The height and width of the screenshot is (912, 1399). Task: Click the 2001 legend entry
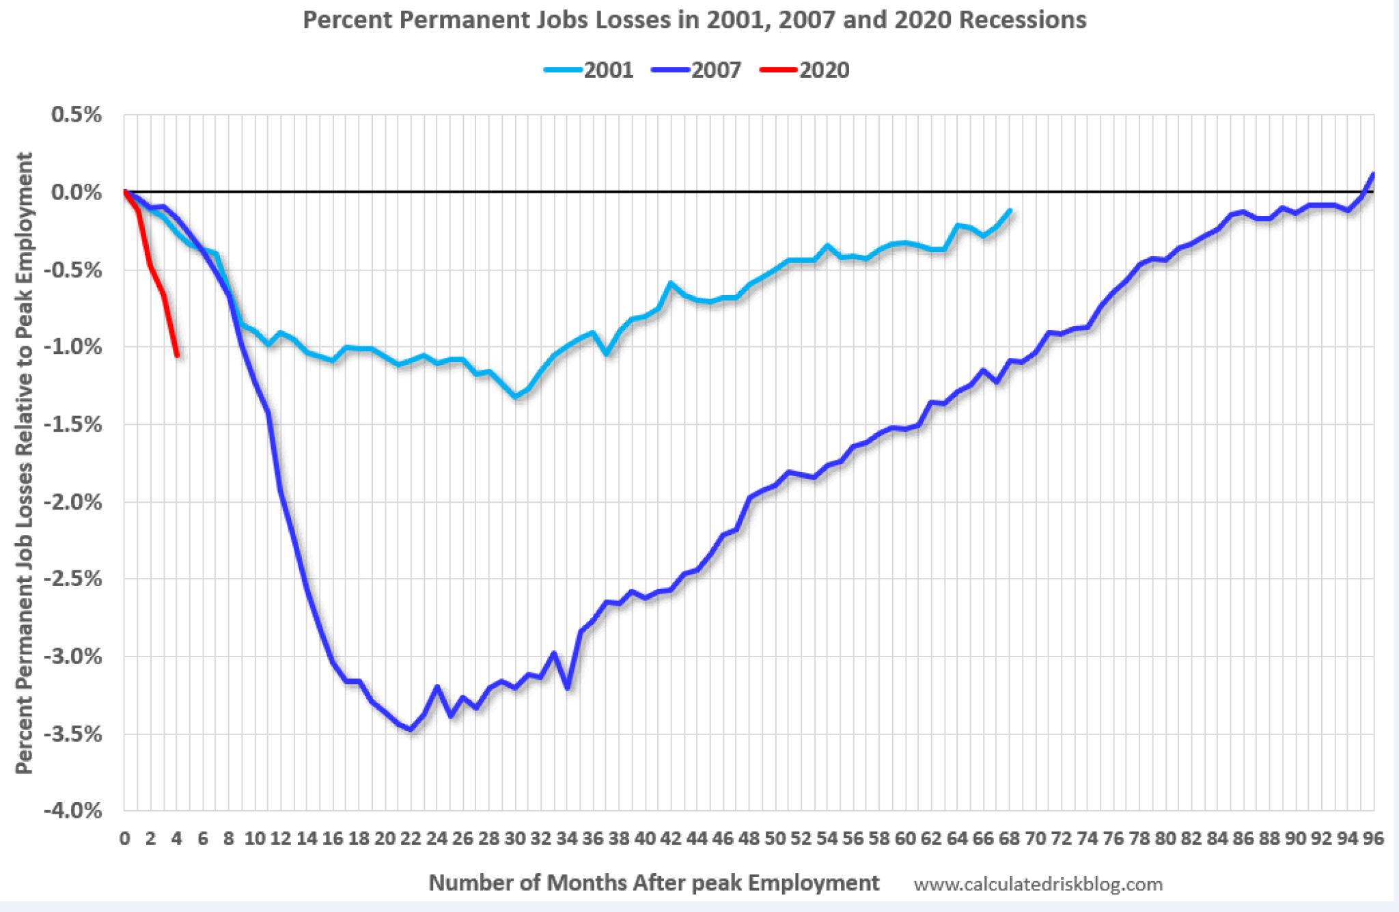590,70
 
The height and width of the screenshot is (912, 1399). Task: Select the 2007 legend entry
697,70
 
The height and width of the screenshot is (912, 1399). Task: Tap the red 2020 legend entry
805,70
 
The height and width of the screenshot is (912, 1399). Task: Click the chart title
694,20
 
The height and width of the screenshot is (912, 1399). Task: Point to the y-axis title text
25,462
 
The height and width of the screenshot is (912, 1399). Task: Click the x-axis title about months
653,883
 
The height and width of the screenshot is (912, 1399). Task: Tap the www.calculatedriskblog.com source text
1038,884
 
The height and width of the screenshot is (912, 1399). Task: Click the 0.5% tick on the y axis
77,115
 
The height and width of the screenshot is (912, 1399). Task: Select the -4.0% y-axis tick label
72,811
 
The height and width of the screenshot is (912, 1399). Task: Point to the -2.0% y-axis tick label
72,502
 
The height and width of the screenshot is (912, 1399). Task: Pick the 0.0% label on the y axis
77,192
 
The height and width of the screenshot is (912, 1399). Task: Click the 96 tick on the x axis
1373,839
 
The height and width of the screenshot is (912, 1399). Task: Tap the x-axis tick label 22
411,839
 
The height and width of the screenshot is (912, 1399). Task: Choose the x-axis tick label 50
775,839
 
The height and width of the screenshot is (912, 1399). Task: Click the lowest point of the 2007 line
411,730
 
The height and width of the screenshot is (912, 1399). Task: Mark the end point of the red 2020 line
177,355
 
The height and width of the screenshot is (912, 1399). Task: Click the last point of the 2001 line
1009,210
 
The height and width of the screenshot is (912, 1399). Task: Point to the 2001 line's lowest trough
515,397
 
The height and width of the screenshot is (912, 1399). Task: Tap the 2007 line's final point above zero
1373,174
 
